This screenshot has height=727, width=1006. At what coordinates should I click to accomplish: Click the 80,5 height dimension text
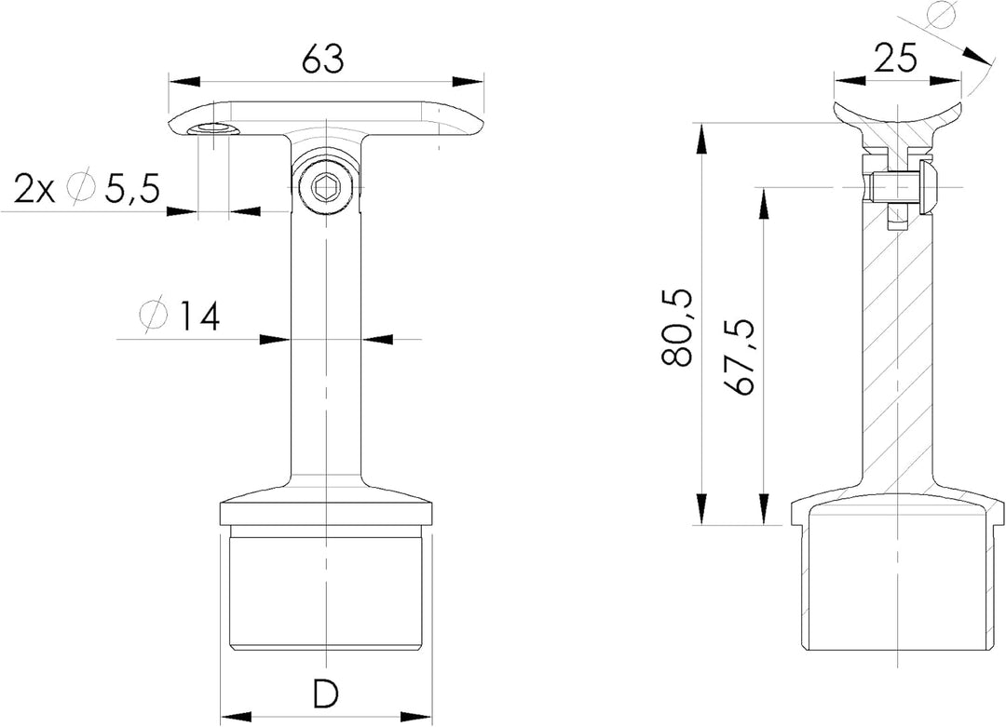point(677,327)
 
